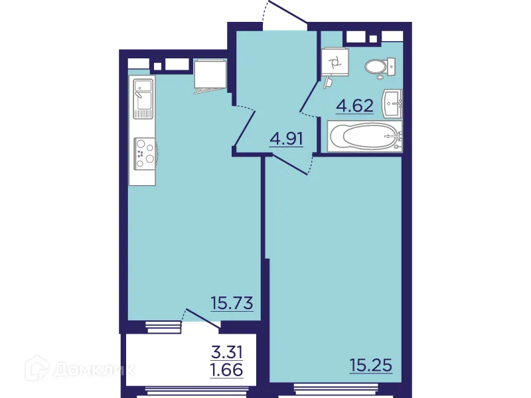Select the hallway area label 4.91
[286, 140]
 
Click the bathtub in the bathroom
[364, 137]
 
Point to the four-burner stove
[144, 153]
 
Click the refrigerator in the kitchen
[210, 74]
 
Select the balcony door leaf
[202, 318]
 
